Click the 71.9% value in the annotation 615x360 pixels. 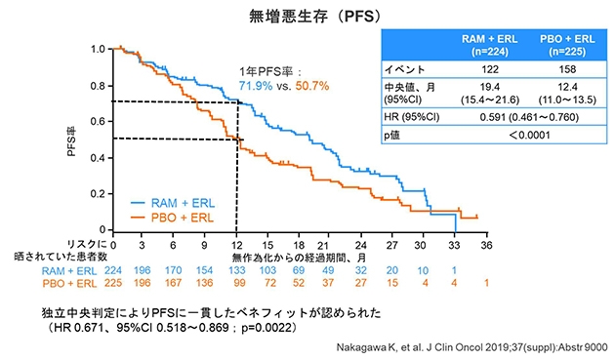258,87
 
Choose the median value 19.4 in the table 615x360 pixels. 491,87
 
